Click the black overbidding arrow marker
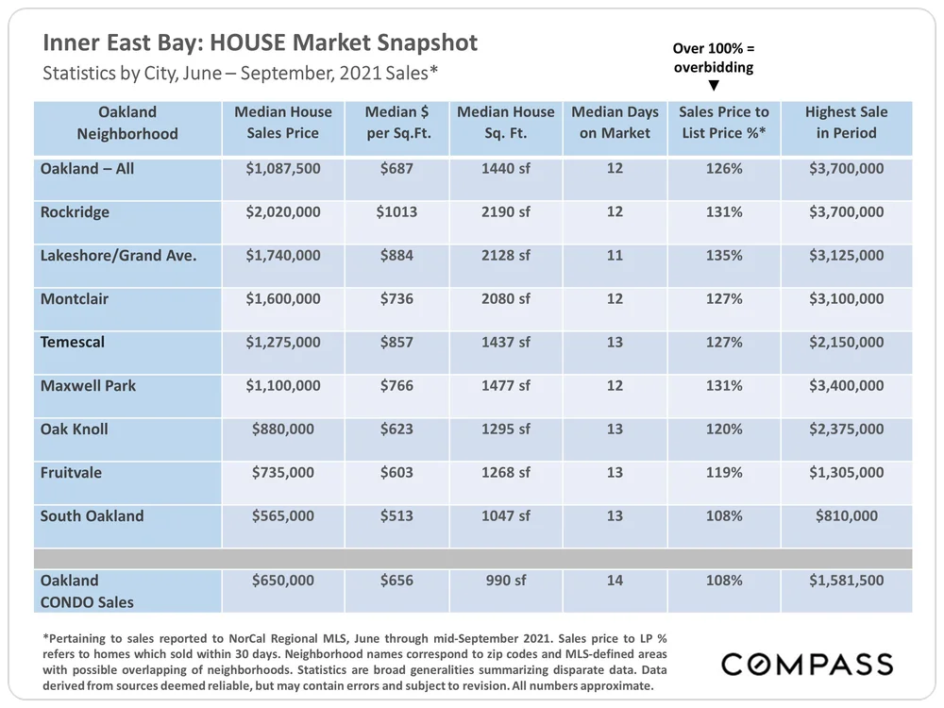click(x=714, y=85)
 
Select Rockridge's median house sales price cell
click(x=283, y=212)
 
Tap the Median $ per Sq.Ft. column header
click(x=397, y=123)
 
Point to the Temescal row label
click(x=73, y=342)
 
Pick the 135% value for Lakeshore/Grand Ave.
click(x=724, y=255)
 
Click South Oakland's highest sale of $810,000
click(x=847, y=515)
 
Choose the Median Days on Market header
click(x=615, y=123)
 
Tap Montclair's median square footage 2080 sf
click(x=506, y=299)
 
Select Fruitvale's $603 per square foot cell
click(x=397, y=472)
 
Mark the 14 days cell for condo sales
click(x=615, y=581)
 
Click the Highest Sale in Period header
click(x=847, y=123)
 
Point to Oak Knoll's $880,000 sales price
click(x=283, y=429)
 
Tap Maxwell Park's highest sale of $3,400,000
click(x=847, y=385)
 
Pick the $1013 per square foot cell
click(x=397, y=212)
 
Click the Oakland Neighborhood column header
click(x=127, y=123)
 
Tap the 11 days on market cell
click(x=615, y=255)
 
